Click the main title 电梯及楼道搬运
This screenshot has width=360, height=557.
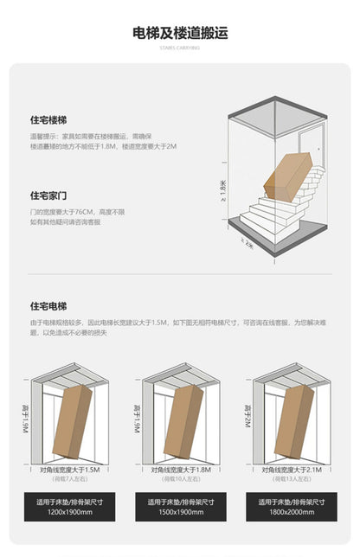(179, 34)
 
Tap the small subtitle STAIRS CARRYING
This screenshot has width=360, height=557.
(179, 48)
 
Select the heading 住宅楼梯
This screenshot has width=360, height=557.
(48, 122)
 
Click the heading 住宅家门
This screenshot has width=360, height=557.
(48, 195)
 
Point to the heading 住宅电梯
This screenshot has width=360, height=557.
(48, 306)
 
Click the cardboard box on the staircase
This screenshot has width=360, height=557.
(286, 177)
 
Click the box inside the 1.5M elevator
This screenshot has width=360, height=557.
(73, 421)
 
